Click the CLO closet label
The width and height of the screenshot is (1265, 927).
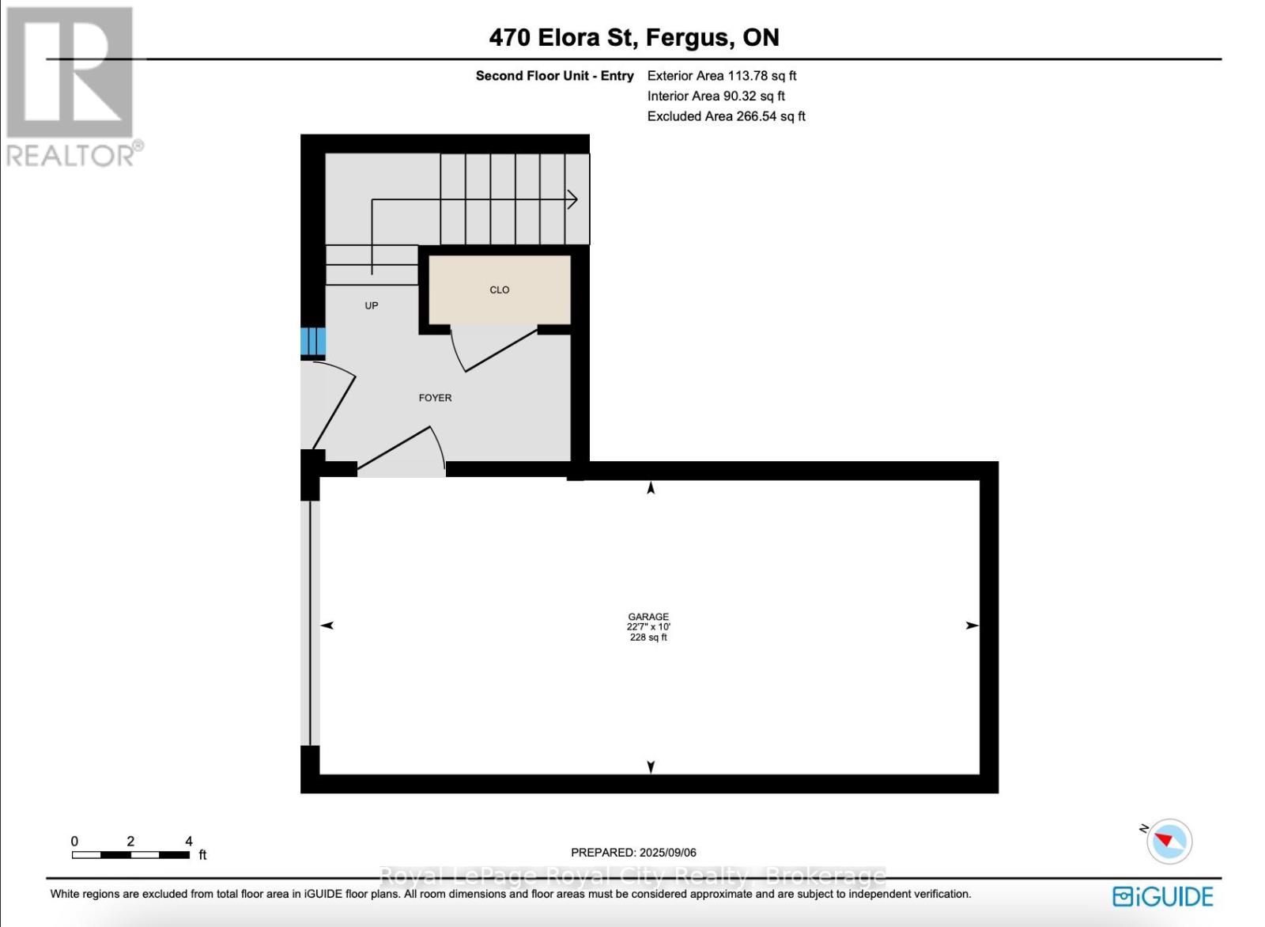pos(499,289)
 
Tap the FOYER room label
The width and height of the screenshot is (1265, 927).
pos(435,398)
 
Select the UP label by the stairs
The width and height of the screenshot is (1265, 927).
pos(371,305)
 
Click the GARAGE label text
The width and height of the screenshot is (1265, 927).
pos(648,616)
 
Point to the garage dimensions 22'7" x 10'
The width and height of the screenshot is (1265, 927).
pos(648,626)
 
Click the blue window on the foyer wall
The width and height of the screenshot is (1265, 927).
pos(312,342)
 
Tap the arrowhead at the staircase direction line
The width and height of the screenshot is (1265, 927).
pos(572,200)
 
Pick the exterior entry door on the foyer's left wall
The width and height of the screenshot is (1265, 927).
pos(330,403)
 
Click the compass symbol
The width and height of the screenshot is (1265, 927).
pos(1169,841)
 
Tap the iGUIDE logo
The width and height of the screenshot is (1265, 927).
pos(1162,896)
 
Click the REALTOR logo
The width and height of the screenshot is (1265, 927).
pos(73,87)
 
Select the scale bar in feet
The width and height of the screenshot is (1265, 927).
pos(130,854)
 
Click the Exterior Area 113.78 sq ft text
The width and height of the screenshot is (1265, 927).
pos(721,76)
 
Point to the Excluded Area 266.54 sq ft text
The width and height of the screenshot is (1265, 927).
pos(726,116)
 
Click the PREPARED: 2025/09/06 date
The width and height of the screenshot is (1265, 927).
pos(633,852)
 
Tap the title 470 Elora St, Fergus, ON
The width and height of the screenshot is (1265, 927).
pos(633,37)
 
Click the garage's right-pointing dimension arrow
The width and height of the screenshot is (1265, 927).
pos(972,625)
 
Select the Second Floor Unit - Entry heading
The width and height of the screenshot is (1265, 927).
pos(554,76)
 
